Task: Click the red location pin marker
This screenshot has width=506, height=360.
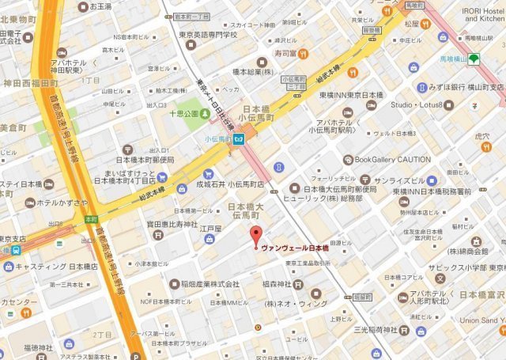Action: point(255,235)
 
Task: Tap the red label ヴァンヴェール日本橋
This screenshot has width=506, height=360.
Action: point(295,245)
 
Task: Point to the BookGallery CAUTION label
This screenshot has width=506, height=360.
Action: point(392,159)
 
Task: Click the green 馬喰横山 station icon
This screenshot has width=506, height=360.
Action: point(474,59)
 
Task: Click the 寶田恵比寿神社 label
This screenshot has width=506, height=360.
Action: point(170,225)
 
